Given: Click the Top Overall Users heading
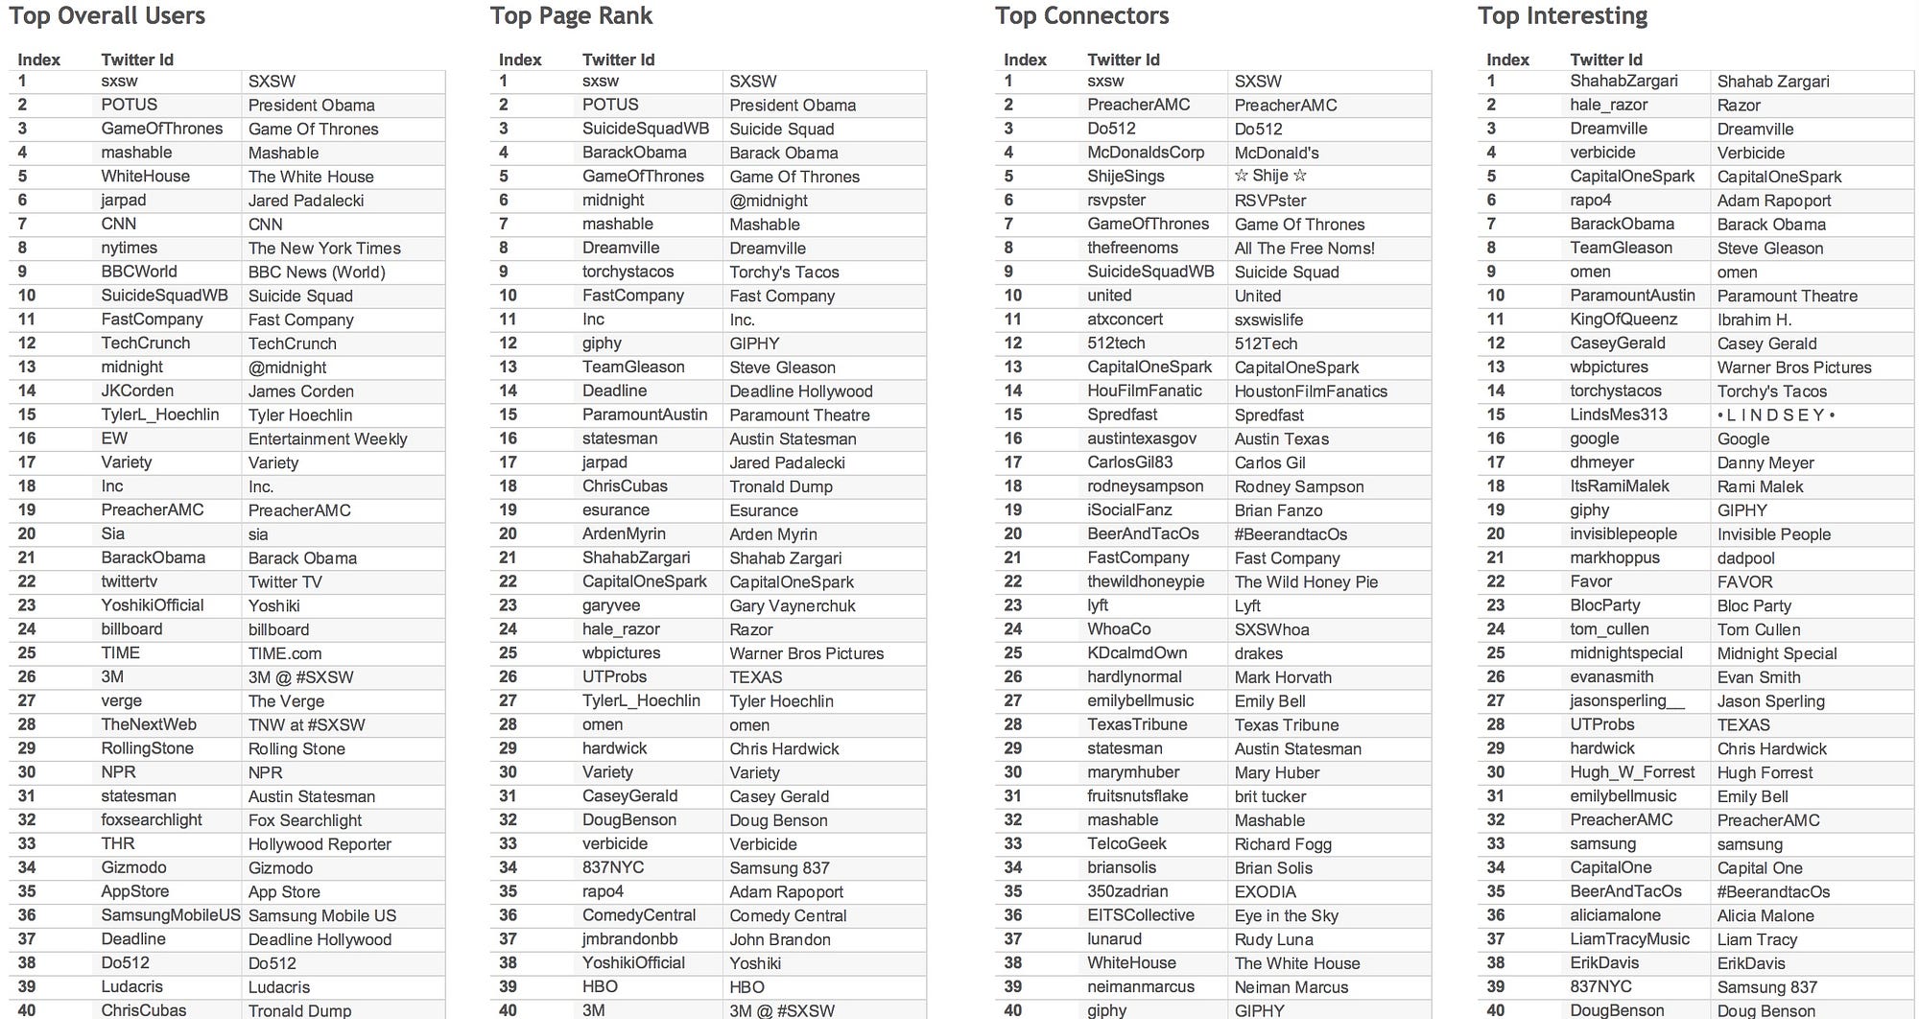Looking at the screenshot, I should coord(107,16).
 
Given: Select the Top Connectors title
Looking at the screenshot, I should coord(1081,16).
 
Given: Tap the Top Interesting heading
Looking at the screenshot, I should coord(1562,16).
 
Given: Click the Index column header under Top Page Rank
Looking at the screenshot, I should coord(520,59).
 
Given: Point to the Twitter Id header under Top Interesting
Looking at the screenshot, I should coord(1606,59).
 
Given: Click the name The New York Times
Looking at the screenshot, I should coord(324,249).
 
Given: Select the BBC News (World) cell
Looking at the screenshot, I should coord(317,273).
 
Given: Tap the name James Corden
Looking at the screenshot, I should coord(300,391).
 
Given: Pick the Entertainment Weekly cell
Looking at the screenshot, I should coord(327,439).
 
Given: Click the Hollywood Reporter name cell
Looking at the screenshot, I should coord(320,844).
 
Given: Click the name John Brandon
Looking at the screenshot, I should coord(779,940).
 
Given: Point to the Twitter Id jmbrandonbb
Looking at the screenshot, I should coord(629,939).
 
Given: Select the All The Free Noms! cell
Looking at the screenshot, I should coord(1304,249).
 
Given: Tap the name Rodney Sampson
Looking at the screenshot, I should coord(1298,487).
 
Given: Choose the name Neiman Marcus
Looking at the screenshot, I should coord(1291,987).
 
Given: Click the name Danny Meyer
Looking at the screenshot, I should coord(1765,463).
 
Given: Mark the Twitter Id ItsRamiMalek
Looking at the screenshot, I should coord(1619,486).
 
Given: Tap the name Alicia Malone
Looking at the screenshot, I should coord(1765,916).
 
